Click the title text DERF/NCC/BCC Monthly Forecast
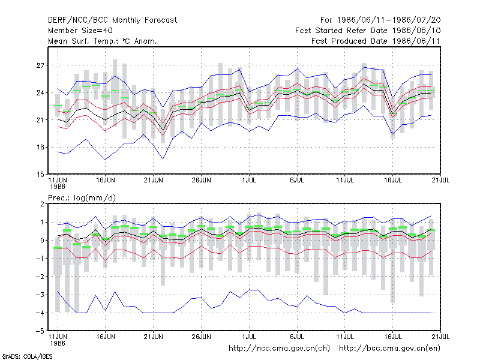tap(112, 20)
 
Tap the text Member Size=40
tap(80, 31)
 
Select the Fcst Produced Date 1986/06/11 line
tap(376, 41)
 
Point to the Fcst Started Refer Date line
tap(368, 31)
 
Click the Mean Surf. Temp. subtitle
tap(102, 41)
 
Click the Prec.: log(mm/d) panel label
tap(82, 198)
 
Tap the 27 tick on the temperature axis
tap(40, 65)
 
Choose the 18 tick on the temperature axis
tap(40, 147)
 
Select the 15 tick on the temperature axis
tap(40, 175)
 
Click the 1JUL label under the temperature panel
tap(249, 181)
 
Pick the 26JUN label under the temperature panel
tap(201, 181)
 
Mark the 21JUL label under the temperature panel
tap(440, 181)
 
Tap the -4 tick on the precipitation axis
tap(40, 313)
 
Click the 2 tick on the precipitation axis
tap(42, 204)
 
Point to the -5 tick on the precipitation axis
tap(40, 331)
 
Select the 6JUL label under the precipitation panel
tap(297, 337)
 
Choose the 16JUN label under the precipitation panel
tap(106, 337)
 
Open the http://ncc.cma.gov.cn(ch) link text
tap(279, 349)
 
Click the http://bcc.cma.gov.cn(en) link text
tap(389, 349)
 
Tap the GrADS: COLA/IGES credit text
tap(27, 356)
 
